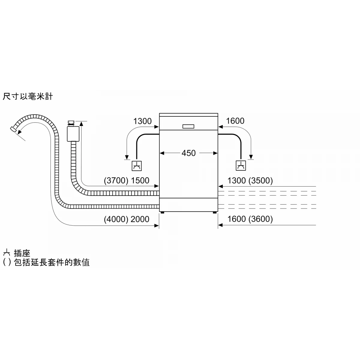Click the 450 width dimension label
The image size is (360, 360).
[188, 153]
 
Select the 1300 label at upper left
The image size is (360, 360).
[142, 121]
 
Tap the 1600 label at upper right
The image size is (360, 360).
[235, 121]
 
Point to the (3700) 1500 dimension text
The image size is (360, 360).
[126, 181]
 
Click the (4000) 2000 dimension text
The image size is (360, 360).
[126, 219]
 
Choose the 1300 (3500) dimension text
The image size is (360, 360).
[250, 181]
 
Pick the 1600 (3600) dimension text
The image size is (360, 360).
[250, 219]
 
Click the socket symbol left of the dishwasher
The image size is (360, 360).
[137, 165]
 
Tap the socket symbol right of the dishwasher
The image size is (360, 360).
[241, 165]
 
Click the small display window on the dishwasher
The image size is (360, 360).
[188, 126]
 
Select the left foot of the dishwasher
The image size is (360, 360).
[162, 213]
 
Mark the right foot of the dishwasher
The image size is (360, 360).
[215, 213]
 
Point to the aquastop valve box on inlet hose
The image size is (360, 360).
[72, 133]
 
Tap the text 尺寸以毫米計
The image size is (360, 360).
[28, 97]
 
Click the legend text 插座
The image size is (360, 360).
[22, 253]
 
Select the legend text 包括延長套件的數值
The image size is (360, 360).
[52, 262]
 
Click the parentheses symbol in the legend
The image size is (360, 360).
[7, 262]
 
